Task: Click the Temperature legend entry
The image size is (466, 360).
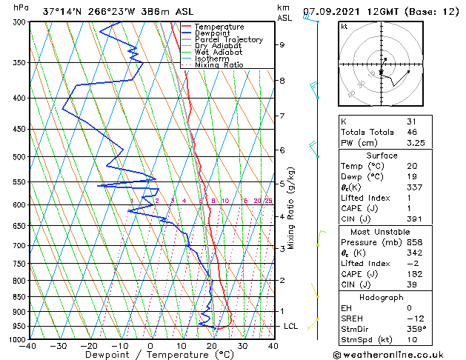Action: click(x=219, y=27)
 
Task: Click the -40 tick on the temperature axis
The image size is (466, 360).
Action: click(x=28, y=346)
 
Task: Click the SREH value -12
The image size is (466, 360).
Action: click(x=413, y=318)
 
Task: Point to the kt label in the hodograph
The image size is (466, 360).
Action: click(x=344, y=26)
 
